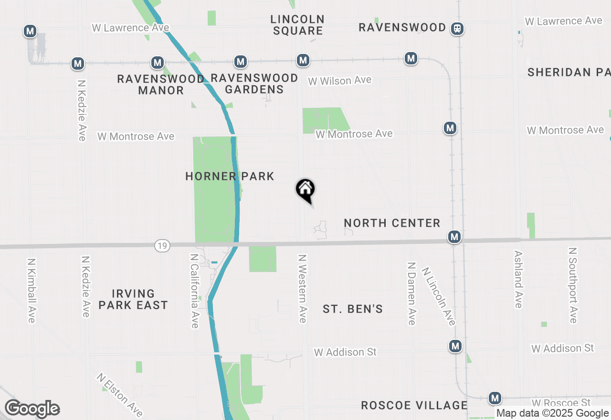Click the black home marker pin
click(305, 190)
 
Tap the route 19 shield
click(162, 246)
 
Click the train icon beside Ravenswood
click(457, 29)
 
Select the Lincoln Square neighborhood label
click(297, 25)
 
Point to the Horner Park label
click(230, 177)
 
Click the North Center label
click(392, 223)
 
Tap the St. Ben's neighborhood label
click(353, 309)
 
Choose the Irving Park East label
click(133, 299)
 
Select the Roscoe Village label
click(414, 405)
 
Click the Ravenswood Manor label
click(161, 84)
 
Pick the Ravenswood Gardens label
click(254, 84)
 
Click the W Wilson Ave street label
click(340, 81)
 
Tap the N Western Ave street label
click(302, 288)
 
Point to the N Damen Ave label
click(411, 293)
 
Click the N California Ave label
click(194, 291)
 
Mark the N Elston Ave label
click(119, 394)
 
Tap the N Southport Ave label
click(573, 285)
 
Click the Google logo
click(32, 409)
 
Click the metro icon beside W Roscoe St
click(495, 398)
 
